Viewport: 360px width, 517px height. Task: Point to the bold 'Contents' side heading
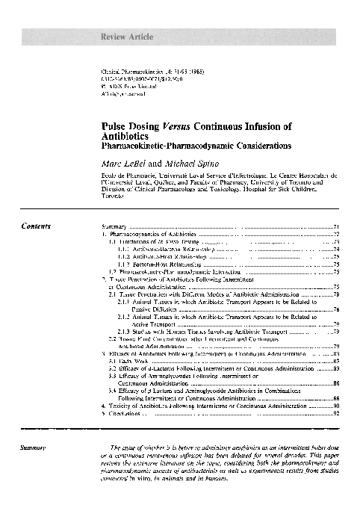click(36, 225)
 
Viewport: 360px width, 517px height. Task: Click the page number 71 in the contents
click(337, 226)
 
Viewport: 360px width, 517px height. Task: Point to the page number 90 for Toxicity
click(337, 404)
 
